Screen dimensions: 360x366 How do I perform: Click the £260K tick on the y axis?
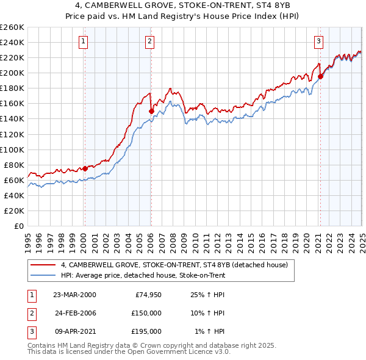tap(12, 27)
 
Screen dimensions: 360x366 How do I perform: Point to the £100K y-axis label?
tap(12, 149)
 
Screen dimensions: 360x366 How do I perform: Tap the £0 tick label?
tap(20, 226)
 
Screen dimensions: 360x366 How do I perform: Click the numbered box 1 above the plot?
tap(83, 41)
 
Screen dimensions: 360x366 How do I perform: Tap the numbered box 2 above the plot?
tap(149, 41)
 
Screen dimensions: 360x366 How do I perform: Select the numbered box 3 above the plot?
tap(318, 41)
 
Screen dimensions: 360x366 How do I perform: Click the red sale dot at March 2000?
tap(85, 168)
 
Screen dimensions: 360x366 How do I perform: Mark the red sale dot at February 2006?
tap(151, 111)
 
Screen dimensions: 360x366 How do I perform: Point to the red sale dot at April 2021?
tap(320, 77)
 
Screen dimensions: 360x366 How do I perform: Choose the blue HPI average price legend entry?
tap(143, 275)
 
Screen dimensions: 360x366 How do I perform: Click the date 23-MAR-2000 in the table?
tap(74, 295)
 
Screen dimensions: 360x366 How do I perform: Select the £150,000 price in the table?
tap(147, 313)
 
